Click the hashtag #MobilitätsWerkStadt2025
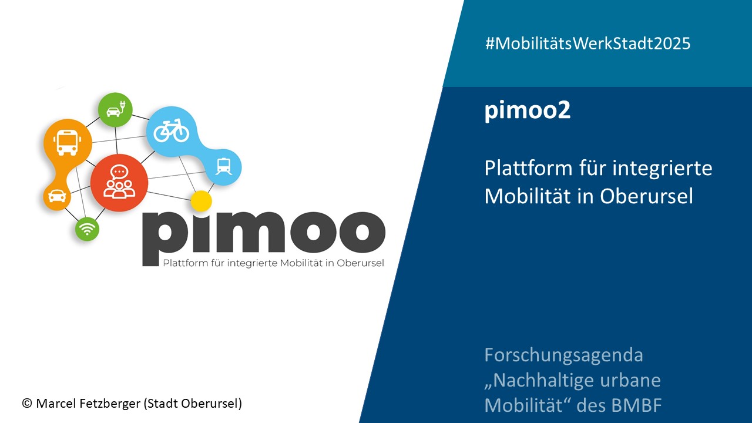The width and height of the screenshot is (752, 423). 588,43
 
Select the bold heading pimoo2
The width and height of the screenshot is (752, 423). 528,110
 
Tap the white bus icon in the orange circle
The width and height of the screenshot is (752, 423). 68,143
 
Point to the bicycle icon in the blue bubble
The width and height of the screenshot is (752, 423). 171,130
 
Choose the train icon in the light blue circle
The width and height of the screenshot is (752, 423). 224,166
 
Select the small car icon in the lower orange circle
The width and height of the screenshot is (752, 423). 57,196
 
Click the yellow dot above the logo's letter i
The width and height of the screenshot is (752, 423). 201,201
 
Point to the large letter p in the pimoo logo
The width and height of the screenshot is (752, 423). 165,239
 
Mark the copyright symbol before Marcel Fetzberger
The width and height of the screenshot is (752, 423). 27,404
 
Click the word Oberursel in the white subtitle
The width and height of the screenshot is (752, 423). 647,196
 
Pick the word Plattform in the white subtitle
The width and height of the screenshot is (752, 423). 528,168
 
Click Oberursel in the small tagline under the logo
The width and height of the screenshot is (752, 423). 360,263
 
